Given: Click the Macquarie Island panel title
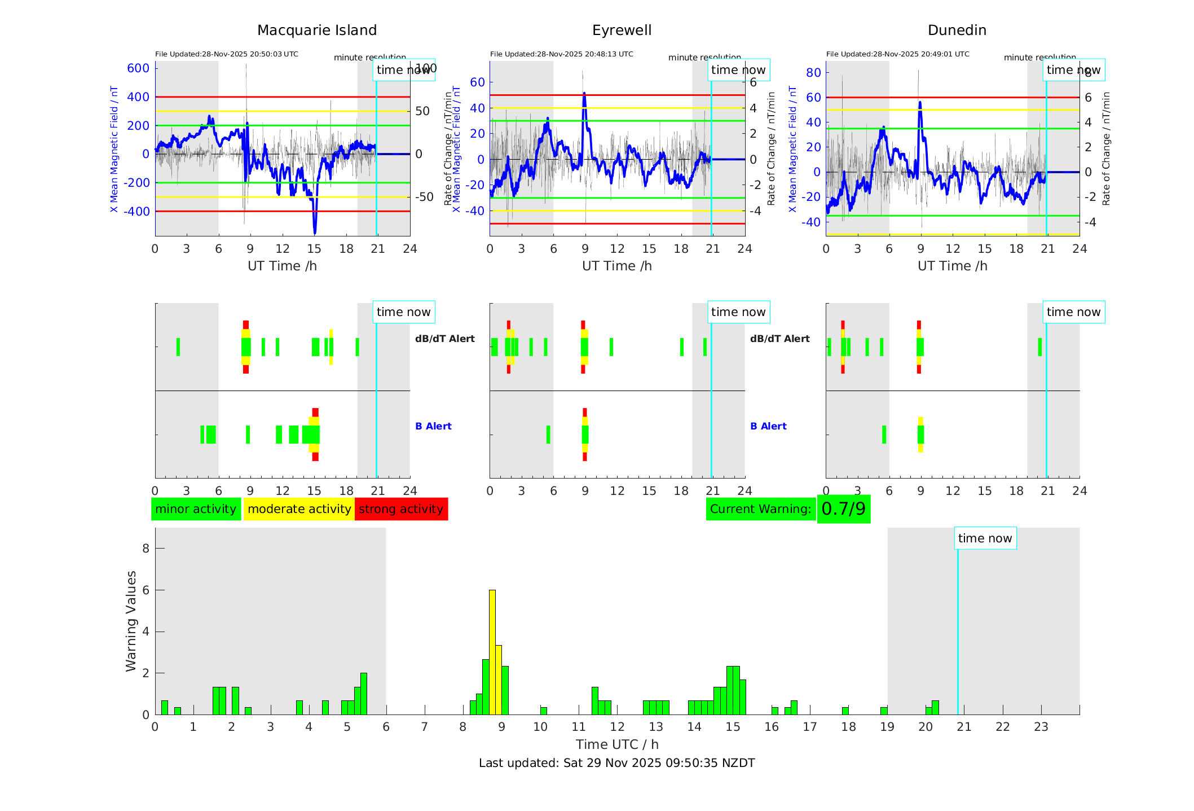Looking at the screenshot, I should click(x=317, y=30).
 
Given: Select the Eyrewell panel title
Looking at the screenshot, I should click(x=622, y=30).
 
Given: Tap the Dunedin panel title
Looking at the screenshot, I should click(x=957, y=30).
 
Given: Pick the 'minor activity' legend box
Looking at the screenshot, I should click(x=196, y=509).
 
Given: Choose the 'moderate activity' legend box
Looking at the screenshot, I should click(x=299, y=509).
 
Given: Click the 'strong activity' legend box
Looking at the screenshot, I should click(x=401, y=509).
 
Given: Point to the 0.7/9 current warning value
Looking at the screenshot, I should click(x=843, y=509).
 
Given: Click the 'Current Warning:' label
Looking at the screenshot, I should click(x=760, y=509).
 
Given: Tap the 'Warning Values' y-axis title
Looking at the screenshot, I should click(x=131, y=621).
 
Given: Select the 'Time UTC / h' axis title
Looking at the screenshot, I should click(x=617, y=744).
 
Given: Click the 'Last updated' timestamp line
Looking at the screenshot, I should click(x=616, y=763).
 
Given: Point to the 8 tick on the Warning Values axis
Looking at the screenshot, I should click(x=146, y=549).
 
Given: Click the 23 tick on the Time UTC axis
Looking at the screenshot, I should click(x=1041, y=727).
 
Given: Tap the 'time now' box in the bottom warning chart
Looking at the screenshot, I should click(x=985, y=538).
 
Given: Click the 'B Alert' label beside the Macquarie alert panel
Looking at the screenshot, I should click(x=433, y=426).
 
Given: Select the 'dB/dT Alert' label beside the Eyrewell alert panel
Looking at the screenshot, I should click(x=779, y=339).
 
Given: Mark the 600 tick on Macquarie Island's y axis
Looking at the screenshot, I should click(x=138, y=68).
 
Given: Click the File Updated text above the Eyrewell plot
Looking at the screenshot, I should click(x=561, y=54).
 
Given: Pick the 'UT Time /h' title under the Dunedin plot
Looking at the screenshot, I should click(x=952, y=266).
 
